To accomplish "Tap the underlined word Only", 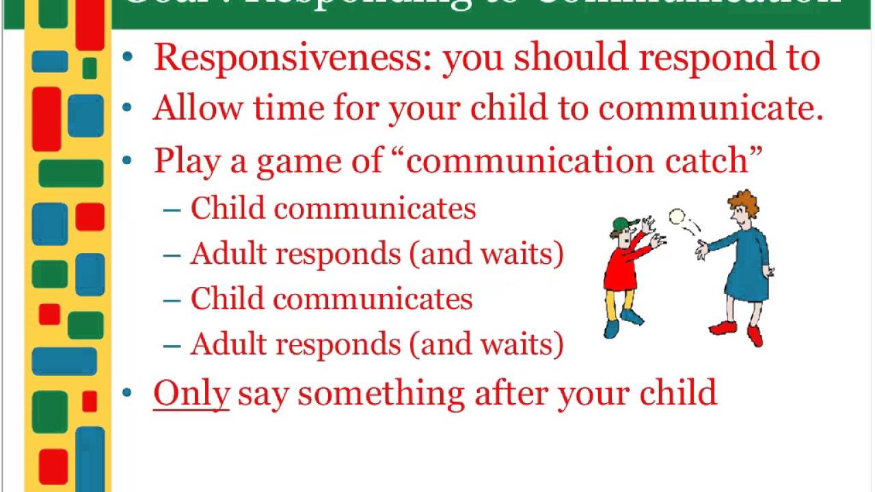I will point(191,394).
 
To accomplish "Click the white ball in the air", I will point(677,217).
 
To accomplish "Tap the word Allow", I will point(198,108).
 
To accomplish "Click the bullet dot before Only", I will point(128,393).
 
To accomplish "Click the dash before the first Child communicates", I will point(172,209).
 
